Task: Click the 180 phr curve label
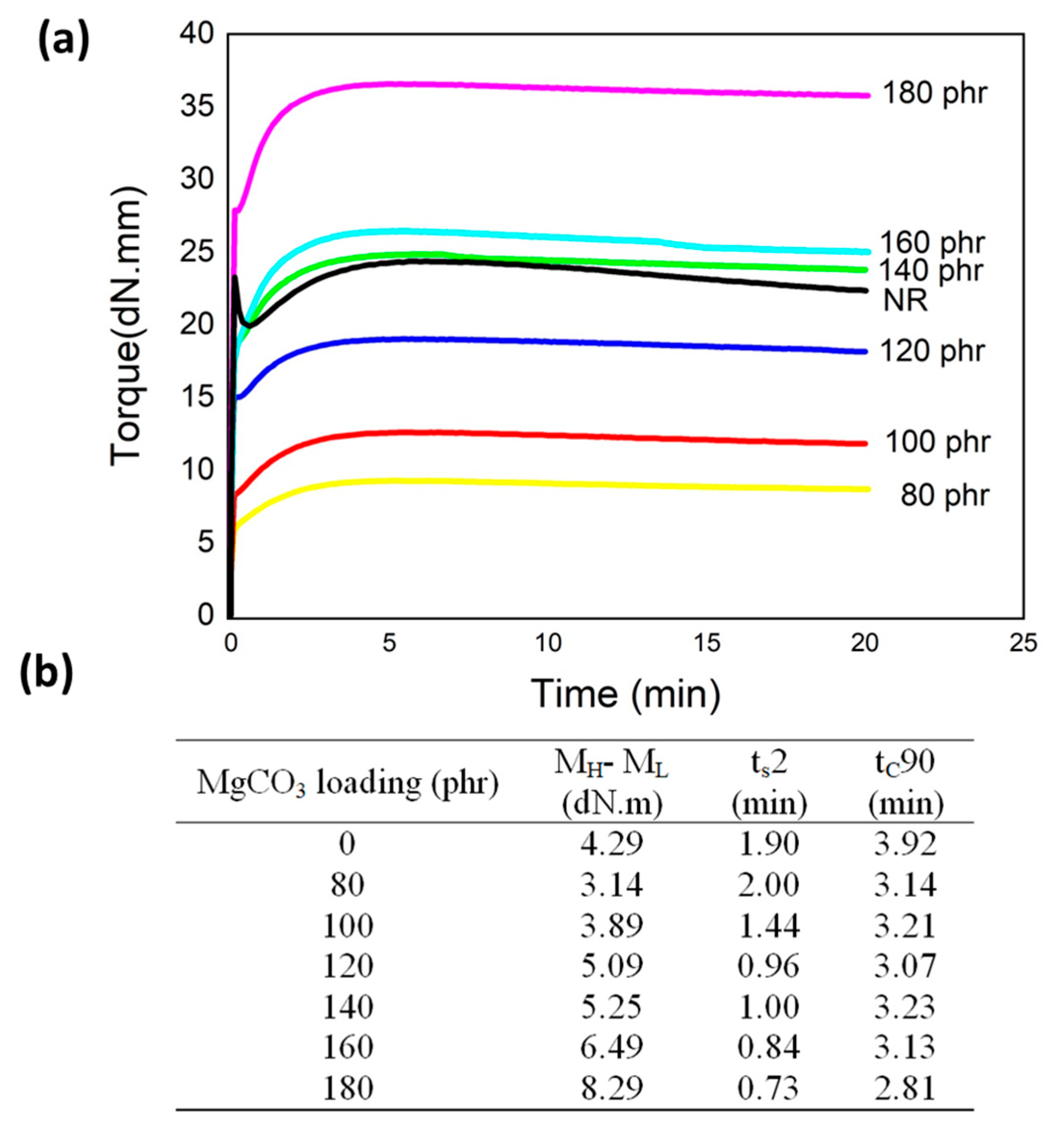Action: tap(935, 93)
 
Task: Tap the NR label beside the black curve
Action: tap(905, 300)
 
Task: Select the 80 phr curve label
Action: tap(945, 495)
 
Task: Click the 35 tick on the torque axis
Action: tap(197, 106)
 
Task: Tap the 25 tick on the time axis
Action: tap(1023, 643)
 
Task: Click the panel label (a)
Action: tap(63, 43)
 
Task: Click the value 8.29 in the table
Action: tap(611, 1088)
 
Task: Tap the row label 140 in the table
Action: tap(348, 1007)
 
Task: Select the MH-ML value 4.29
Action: tap(611, 843)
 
